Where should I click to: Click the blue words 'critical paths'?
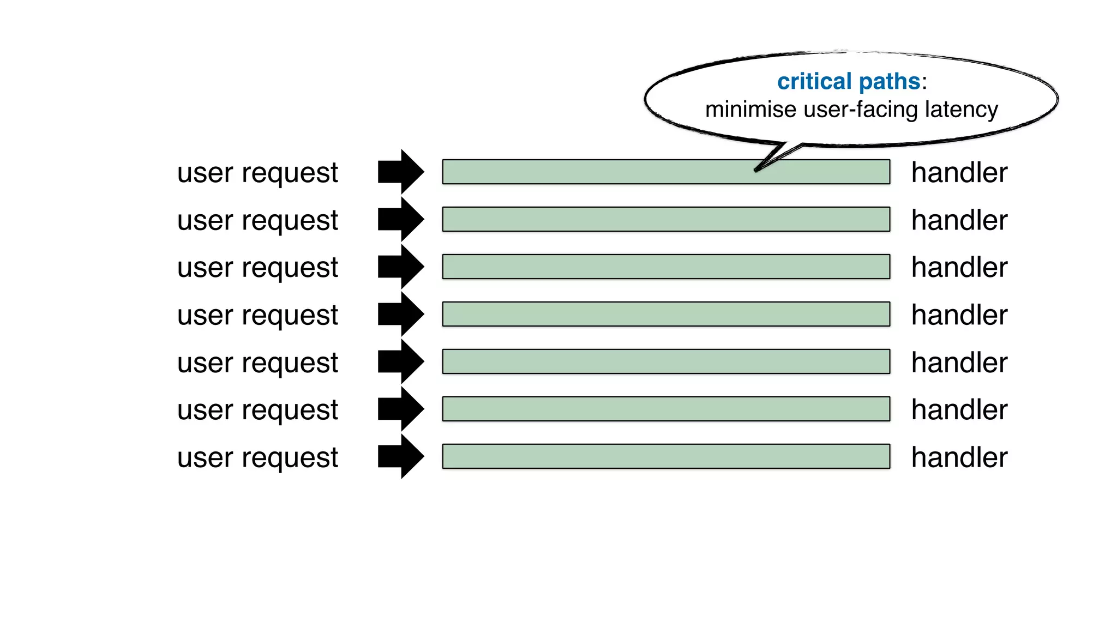tap(848, 82)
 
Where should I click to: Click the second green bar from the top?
tap(665, 219)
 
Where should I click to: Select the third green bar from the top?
tap(665, 267)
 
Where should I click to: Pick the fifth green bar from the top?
tap(665, 361)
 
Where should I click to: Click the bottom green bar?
tap(665, 456)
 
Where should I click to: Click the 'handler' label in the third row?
tap(959, 267)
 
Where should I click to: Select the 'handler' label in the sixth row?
tap(959, 409)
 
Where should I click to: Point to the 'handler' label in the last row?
tap(959, 457)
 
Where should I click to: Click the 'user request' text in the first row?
tap(257, 173)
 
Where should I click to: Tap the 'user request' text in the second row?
tap(257, 221)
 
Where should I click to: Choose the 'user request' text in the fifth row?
tap(257, 363)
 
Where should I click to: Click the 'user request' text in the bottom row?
tap(257, 458)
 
